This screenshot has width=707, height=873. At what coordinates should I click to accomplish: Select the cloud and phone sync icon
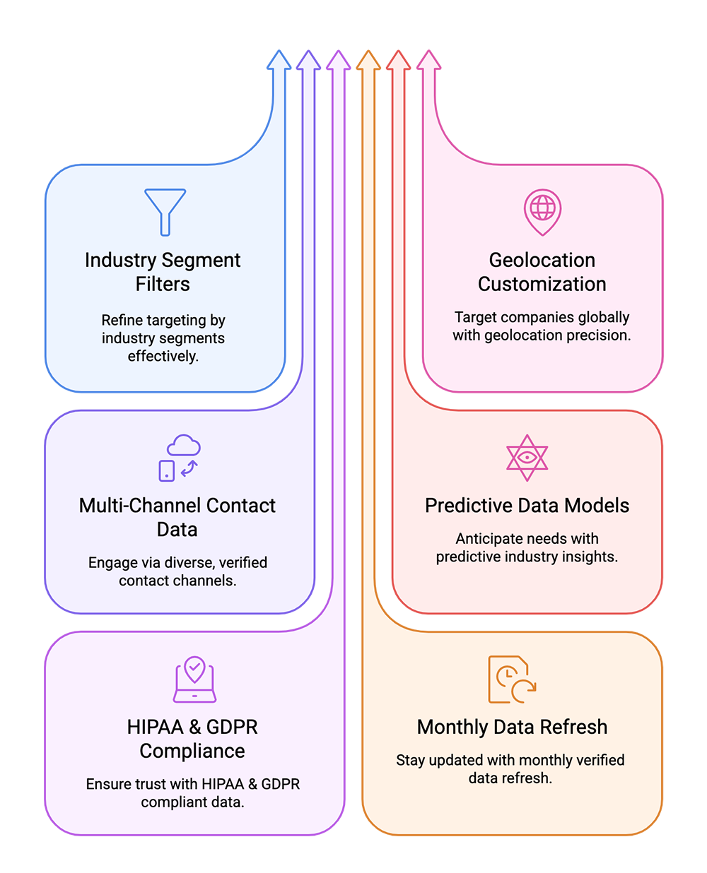click(180, 458)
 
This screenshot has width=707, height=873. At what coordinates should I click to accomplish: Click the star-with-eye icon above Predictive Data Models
click(527, 456)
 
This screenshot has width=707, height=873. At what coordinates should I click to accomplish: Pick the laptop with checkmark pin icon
click(194, 679)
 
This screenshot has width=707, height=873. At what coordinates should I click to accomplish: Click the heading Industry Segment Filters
click(163, 272)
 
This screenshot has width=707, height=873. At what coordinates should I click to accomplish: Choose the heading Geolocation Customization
click(542, 272)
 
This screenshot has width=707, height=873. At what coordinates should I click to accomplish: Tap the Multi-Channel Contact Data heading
click(177, 518)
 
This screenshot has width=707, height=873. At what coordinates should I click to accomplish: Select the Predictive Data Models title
click(527, 506)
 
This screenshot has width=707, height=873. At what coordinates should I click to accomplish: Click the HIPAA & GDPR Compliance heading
click(192, 739)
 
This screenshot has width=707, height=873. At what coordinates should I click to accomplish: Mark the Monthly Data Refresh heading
click(512, 727)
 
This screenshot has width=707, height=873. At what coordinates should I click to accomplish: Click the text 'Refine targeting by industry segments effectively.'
click(163, 338)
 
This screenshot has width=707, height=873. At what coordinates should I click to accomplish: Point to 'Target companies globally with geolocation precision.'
click(542, 326)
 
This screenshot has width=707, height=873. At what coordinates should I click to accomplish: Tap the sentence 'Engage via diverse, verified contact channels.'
click(177, 571)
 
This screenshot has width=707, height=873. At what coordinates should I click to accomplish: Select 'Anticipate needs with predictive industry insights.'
click(527, 548)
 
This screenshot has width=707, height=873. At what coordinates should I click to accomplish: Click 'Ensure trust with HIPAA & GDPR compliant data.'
click(192, 793)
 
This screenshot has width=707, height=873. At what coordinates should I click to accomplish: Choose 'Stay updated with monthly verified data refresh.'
click(510, 769)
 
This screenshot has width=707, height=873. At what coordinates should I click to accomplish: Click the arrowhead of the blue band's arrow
click(279, 60)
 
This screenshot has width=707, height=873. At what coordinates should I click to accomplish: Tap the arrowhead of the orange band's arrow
click(368, 60)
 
